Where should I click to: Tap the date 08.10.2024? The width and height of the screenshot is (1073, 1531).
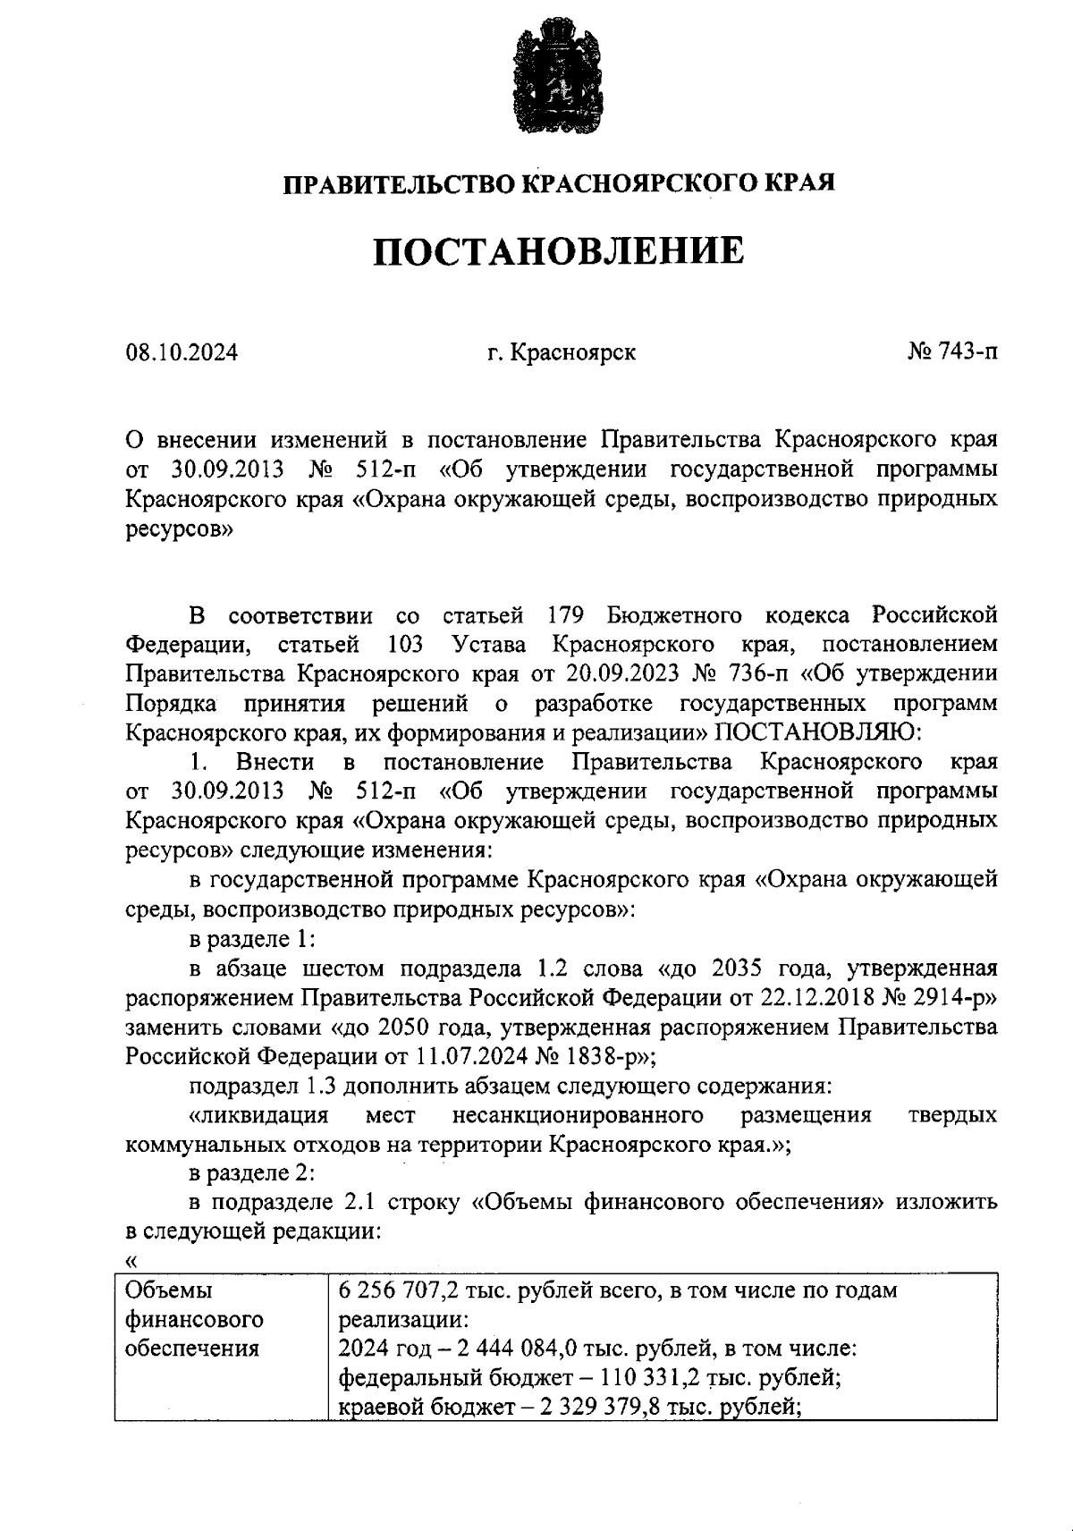click(182, 352)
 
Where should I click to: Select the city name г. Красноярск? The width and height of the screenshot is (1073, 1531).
click(562, 352)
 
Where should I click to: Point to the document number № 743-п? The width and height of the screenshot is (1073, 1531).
click(952, 352)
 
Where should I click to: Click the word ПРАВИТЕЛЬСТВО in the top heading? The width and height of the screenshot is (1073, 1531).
click(400, 184)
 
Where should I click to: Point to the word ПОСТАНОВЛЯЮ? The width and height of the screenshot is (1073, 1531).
click(817, 732)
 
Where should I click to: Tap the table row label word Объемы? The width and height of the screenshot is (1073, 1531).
click(169, 1291)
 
